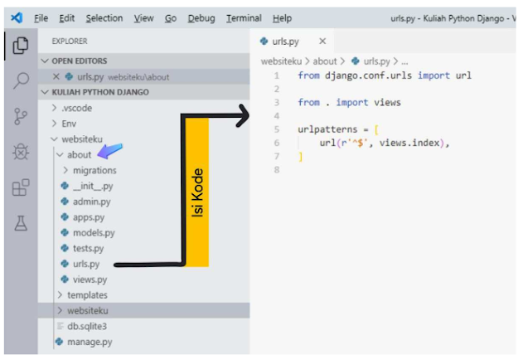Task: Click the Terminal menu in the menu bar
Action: (245, 18)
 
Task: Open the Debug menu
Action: (201, 18)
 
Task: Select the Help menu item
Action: (282, 18)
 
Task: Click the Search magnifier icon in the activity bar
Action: (22, 80)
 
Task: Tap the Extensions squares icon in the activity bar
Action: (22, 187)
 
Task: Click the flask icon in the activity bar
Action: (22, 223)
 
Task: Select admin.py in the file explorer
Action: (91, 202)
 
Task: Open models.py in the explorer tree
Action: (94, 233)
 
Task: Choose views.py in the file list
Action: (90, 280)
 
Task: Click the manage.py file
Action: (90, 342)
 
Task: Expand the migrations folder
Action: (94, 170)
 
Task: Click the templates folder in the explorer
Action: (87, 295)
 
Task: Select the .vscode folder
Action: (78, 108)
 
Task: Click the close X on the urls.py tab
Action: (322, 41)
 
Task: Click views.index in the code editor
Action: (407, 143)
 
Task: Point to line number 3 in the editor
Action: (276, 102)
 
